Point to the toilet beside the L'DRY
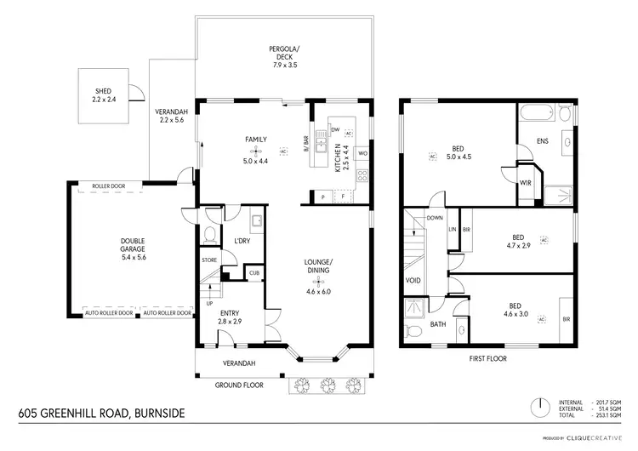pos(209,235)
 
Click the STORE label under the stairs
pos(209,260)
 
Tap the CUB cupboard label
pos(253,272)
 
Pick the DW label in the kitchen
pos(335,129)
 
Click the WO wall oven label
pos(362,153)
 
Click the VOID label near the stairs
pos(414,279)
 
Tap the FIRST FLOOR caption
pos(488,358)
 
